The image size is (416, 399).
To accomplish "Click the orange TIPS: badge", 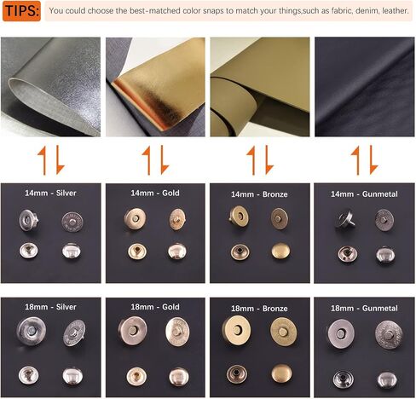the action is pyautogui.click(x=21, y=11).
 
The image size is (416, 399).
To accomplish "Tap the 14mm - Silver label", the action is pyautogui.click(x=50, y=193).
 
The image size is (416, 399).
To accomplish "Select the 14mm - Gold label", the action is pyautogui.click(x=155, y=193).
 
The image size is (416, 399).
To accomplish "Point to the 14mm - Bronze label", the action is pyautogui.click(x=259, y=194).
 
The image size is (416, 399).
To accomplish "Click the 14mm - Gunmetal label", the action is pyautogui.click(x=364, y=194).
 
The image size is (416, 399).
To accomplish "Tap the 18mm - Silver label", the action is pyautogui.click(x=50, y=307).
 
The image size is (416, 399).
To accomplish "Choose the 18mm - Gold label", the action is pyautogui.click(x=155, y=307).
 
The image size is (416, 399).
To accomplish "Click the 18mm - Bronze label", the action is pyautogui.click(x=259, y=309).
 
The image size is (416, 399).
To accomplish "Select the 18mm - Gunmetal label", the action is pyautogui.click(x=364, y=308).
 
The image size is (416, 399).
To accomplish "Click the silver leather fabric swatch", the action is pyautogui.click(x=50, y=87).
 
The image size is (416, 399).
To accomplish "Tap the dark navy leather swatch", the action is pyautogui.click(x=364, y=87).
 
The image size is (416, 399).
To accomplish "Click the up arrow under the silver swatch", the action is pyautogui.click(x=43, y=160).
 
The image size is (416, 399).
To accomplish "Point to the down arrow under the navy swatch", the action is pyautogui.click(x=373, y=160).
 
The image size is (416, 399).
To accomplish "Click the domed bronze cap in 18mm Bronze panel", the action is pyautogui.click(x=281, y=373).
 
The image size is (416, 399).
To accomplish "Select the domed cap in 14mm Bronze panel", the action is pyautogui.click(x=281, y=252).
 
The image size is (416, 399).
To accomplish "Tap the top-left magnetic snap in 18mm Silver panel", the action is pyautogui.click(x=32, y=331).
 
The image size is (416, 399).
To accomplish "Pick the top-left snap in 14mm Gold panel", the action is pyautogui.click(x=136, y=219).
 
